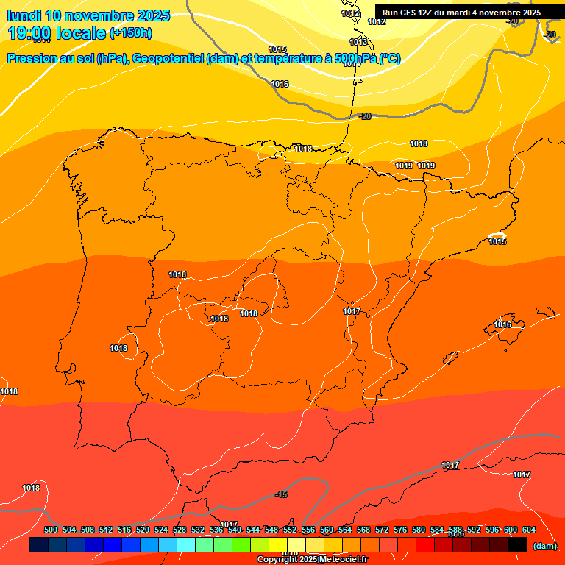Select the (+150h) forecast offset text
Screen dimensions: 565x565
tap(131, 33)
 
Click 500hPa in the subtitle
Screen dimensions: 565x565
tap(355, 59)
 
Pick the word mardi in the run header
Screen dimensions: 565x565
tap(458, 13)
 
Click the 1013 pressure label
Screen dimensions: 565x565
tap(358, 42)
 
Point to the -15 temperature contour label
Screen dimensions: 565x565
tap(281, 494)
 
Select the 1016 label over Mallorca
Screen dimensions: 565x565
tap(502, 324)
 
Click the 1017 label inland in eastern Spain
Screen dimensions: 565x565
tap(352, 311)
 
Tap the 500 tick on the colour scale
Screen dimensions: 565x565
tap(51, 530)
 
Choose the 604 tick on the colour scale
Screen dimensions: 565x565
tap(528, 530)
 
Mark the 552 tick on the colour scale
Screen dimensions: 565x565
tap(290, 530)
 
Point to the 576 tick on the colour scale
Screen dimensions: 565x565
tap(400, 530)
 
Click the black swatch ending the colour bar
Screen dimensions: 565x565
tap(517, 545)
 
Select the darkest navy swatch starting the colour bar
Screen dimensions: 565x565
tap(39, 545)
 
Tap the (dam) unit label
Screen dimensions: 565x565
tap(544, 546)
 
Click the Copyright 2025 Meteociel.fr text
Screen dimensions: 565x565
tap(311, 560)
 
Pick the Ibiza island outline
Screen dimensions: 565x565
tap(450, 357)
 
